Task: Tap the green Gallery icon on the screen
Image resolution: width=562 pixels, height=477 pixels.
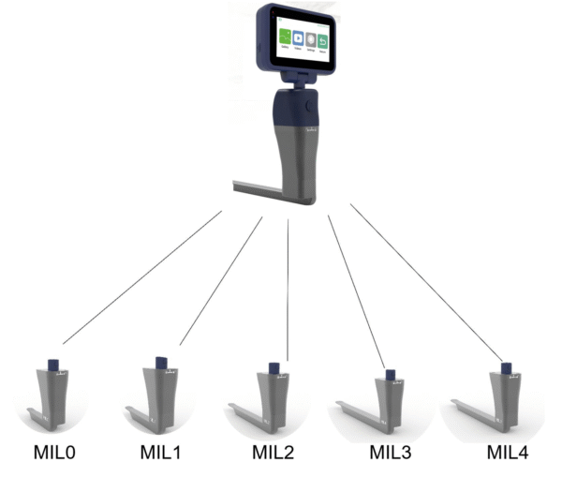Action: [285, 38]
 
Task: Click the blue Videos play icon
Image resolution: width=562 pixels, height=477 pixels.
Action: [298, 38]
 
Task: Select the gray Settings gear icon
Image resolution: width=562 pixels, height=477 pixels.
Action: [311, 39]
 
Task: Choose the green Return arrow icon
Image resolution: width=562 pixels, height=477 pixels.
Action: [323, 39]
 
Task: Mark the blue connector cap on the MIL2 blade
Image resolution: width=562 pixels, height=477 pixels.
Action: [274, 367]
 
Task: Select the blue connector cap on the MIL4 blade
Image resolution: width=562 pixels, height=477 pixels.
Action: [505, 368]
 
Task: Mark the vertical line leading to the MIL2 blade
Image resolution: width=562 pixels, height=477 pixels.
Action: [288, 291]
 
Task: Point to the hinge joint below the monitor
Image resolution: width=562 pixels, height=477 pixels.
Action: [299, 82]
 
